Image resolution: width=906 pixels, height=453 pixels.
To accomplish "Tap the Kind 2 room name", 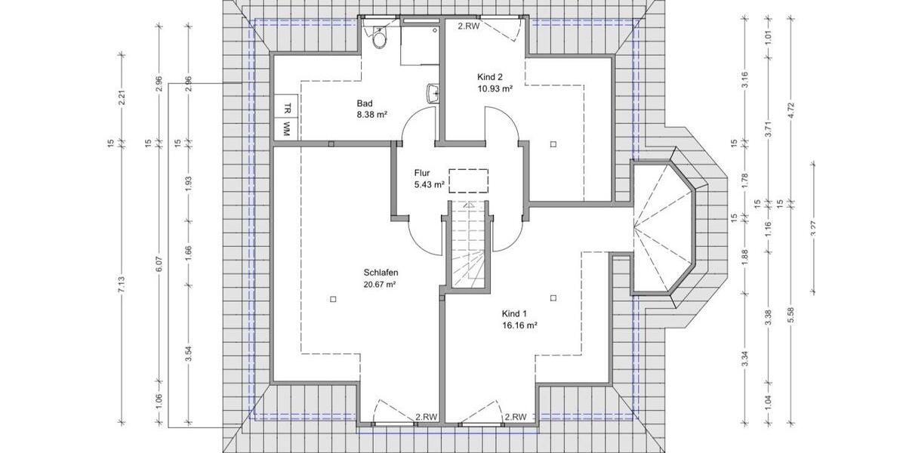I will tap(490, 76).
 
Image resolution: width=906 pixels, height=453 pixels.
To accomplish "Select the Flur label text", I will tap(421, 173).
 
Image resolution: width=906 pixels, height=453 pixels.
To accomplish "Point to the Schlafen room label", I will tap(381, 273).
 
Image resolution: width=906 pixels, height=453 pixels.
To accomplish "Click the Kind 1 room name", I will tap(514, 313).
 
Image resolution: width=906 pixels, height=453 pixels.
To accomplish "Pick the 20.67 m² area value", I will tap(381, 285).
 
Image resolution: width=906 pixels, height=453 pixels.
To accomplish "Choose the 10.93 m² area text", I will tap(495, 88).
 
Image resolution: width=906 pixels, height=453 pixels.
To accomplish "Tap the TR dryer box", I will tap(287, 107).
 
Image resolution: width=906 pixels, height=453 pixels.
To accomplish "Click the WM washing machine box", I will tap(287, 129).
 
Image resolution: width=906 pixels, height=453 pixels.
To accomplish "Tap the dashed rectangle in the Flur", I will tap(469, 180).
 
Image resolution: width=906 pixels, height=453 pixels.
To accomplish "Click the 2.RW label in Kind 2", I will tap(469, 25).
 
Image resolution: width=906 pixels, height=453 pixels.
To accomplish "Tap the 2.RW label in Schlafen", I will tap(427, 416).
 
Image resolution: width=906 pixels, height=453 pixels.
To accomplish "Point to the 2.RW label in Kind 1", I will tap(516, 416).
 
